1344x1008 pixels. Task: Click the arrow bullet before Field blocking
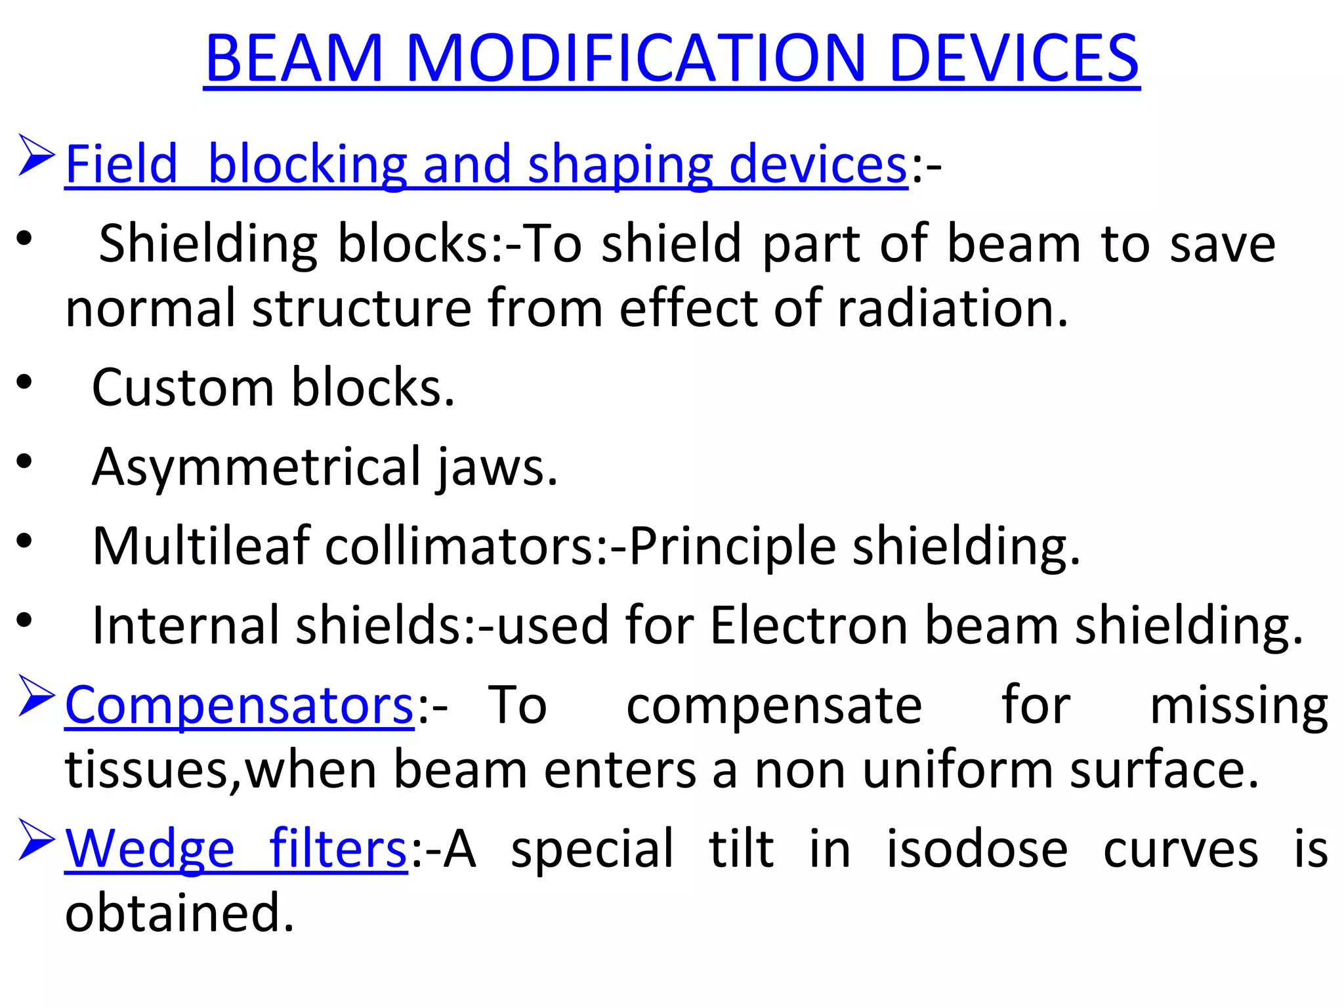[x=35, y=156]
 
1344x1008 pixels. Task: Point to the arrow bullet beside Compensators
[x=35, y=696]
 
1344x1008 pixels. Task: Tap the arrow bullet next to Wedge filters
[x=35, y=840]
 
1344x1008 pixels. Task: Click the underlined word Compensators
[x=240, y=705]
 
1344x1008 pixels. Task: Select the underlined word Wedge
[x=150, y=849]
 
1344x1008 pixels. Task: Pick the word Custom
[x=183, y=387]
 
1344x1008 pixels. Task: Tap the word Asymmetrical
[x=257, y=467]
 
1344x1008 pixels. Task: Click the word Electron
[x=808, y=625]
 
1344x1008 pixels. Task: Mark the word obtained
[x=179, y=913]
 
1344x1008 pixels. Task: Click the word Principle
[x=732, y=546]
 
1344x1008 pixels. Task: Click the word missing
[x=1239, y=705]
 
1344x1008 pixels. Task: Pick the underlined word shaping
[x=620, y=164]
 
